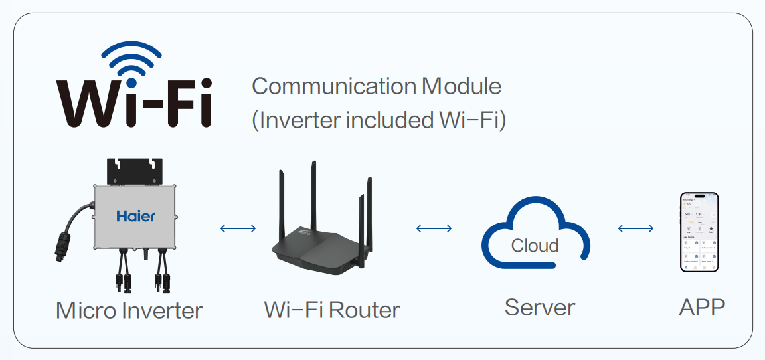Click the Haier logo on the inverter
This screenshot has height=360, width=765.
[x=135, y=216]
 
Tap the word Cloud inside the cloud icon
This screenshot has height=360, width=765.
[x=535, y=246]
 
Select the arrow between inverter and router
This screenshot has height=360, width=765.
[x=238, y=228]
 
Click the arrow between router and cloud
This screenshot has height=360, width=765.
[x=434, y=228]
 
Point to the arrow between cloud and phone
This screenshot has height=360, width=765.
[x=636, y=228]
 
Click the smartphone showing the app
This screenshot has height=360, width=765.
[x=700, y=232]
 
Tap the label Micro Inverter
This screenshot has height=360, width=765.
[x=129, y=310]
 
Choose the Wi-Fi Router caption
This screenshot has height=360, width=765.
[x=332, y=310]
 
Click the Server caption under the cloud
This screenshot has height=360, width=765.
[x=539, y=308]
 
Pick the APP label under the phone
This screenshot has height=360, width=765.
[x=702, y=308]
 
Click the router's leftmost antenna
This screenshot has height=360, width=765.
[x=282, y=199]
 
